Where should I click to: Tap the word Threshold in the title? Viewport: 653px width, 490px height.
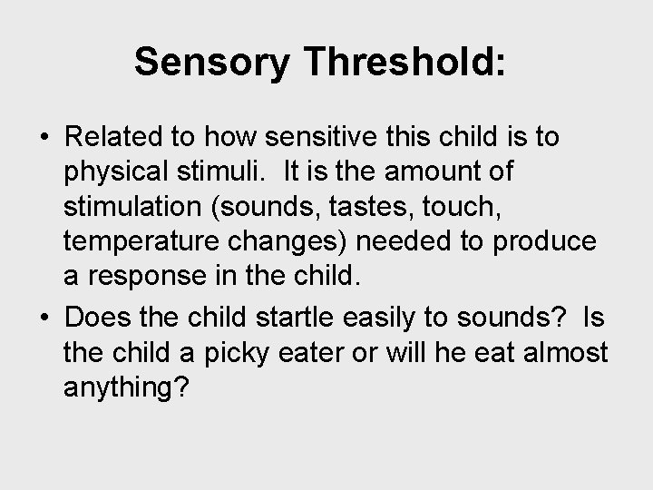388,63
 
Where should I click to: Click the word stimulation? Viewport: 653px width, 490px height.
134,207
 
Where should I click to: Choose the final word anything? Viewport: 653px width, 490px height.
126,387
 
